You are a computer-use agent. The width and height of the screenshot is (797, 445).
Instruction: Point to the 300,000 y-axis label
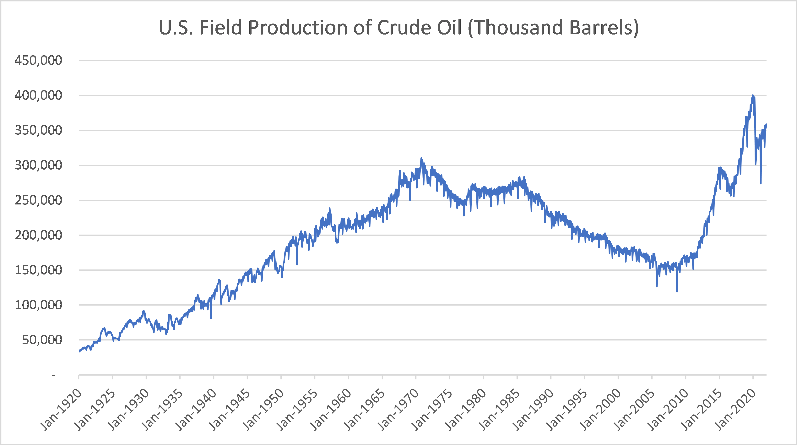point(38,165)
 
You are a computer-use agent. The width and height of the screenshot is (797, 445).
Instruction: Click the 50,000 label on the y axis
point(42,340)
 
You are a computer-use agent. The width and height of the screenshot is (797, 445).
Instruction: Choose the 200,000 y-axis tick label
point(38,235)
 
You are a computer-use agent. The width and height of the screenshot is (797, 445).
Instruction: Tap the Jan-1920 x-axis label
point(61,409)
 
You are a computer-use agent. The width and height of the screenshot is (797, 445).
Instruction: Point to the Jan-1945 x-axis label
point(230,409)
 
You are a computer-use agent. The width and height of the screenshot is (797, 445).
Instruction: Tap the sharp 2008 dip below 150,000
point(677,291)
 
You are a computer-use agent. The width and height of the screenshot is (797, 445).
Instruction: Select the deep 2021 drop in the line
point(761,183)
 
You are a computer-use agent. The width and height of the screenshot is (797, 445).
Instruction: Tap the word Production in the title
point(298,28)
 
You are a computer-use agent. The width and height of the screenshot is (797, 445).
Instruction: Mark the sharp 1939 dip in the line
point(211,318)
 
